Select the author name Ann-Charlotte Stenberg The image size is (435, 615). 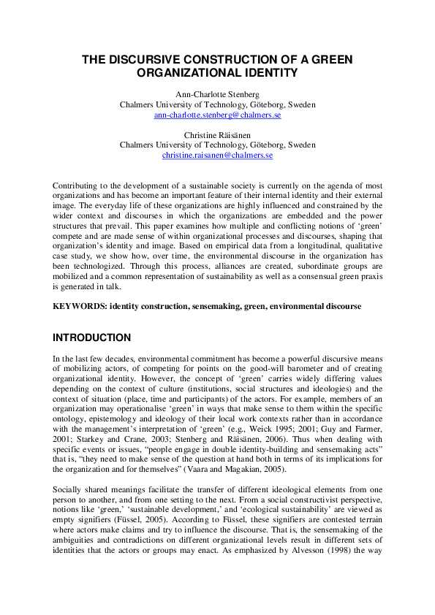(x=218, y=95)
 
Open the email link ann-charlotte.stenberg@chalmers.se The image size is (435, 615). (x=218, y=115)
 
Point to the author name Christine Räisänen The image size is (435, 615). (x=218, y=136)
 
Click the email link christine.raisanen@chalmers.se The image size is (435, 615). (x=218, y=156)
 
